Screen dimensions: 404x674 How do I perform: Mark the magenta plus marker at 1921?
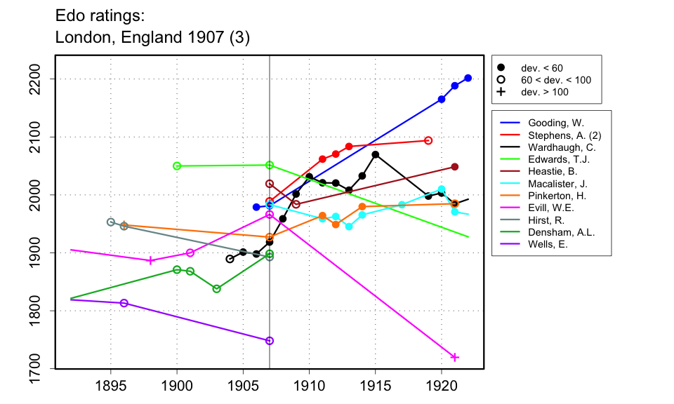[x=455, y=357]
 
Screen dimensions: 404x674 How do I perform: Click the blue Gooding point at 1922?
[x=468, y=78]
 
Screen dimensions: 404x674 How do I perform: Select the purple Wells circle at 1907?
[x=270, y=341]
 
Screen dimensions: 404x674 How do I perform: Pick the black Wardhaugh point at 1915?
[x=376, y=154]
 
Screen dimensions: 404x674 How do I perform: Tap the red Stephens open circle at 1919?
[x=428, y=140]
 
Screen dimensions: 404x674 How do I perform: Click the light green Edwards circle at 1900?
[x=177, y=166]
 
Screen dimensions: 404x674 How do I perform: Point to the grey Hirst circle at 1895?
[x=111, y=222]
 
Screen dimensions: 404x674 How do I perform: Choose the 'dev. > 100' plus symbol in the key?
[x=501, y=92]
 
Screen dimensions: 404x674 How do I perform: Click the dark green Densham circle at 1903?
[x=217, y=289]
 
